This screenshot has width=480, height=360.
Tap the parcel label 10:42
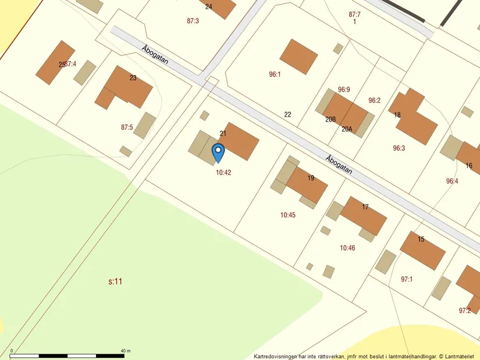(x=223, y=173)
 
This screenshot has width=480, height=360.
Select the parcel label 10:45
(x=288, y=215)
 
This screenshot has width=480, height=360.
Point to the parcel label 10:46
(x=347, y=248)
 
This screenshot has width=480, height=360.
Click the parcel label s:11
(x=115, y=281)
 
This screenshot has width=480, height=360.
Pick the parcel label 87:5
(x=127, y=127)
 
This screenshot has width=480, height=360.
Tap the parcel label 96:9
(x=344, y=90)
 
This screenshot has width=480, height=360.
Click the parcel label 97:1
(x=406, y=279)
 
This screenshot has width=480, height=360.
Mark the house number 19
(x=311, y=178)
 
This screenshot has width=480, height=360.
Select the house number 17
(x=365, y=207)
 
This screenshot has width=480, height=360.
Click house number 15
(x=421, y=239)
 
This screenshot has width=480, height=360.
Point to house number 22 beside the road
(x=287, y=115)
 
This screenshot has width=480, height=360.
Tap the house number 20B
(x=330, y=119)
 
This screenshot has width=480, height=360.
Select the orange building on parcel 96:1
(x=298, y=56)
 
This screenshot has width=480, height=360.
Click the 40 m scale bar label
(x=125, y=351)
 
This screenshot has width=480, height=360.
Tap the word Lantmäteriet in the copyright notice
(x=461, y=356)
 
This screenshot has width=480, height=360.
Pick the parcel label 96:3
(x=399, y=148)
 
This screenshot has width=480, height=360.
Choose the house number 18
(x=397, y=115)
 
